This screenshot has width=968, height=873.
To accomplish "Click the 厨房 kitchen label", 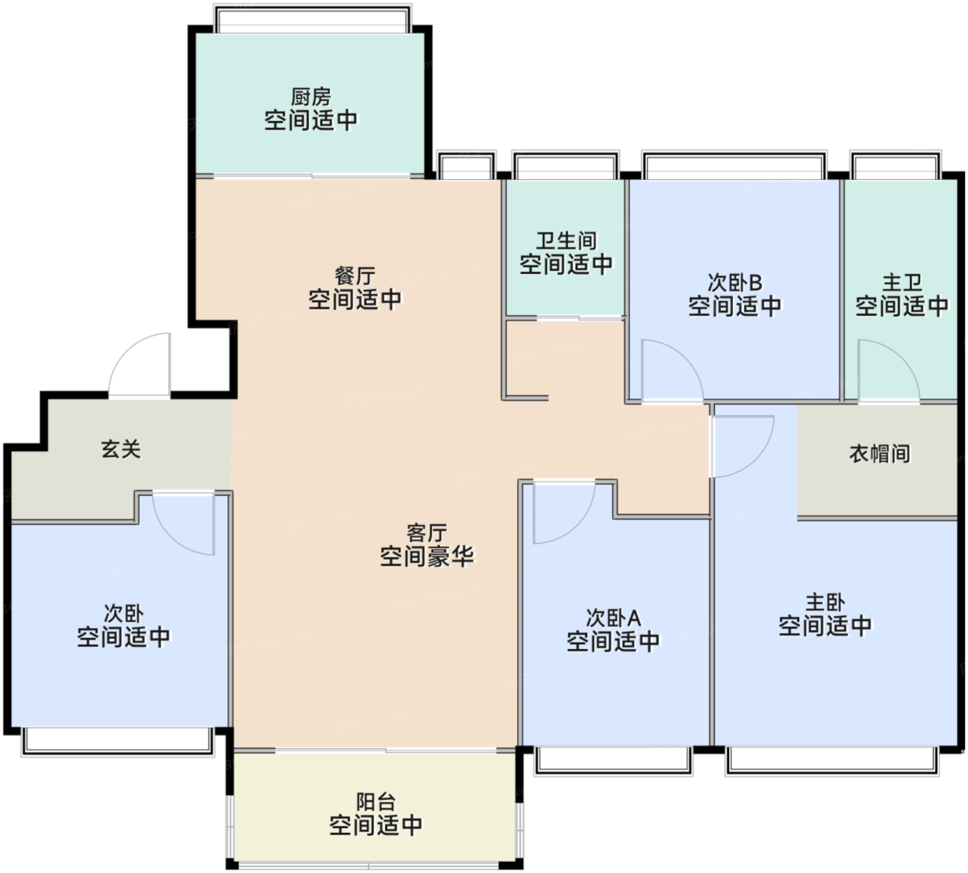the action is click(310, 97).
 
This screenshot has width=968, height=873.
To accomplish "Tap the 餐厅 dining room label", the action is click(355, 276).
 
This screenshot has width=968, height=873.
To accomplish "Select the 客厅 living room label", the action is click(427, 533).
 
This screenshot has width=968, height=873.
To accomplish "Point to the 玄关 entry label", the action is click(120, 449).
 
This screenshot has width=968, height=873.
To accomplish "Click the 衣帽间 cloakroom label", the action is click(879, 453).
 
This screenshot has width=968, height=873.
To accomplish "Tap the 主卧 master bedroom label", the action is click(825, 602).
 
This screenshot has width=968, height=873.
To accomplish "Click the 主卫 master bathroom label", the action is click(902, 282).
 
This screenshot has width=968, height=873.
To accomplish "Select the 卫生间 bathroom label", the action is click(566, 241).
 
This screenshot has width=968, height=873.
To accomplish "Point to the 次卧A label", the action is click(613, 618).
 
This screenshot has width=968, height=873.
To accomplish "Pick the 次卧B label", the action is click(734, 282).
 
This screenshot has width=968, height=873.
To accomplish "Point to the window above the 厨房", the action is click(313, 19).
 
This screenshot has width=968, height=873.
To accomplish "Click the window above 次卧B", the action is click(734, 165).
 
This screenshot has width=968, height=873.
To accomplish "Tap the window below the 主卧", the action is click(833, 762).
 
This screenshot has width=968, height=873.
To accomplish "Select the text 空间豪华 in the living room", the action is click(427, 556).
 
